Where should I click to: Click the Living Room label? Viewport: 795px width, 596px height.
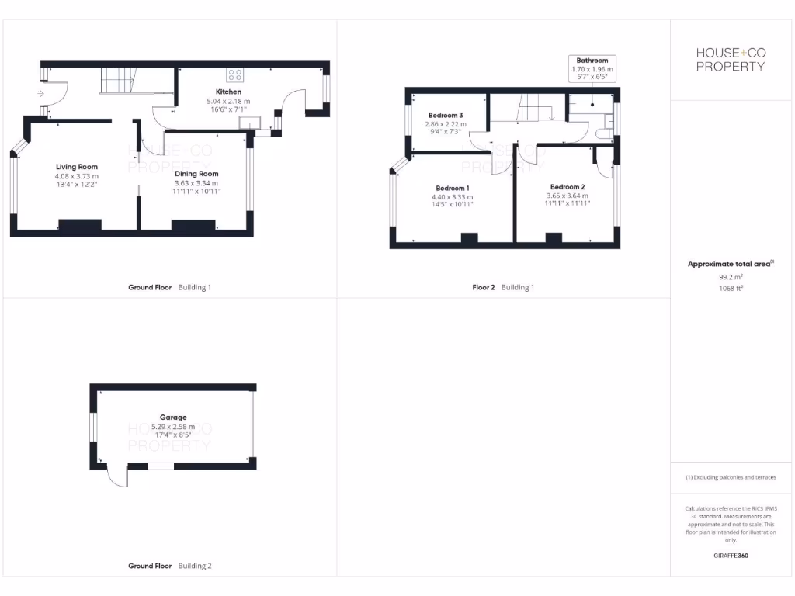pos(77,167)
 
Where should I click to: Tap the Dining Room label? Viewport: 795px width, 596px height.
pos(196,174)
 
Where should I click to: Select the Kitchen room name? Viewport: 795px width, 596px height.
pos(217,92)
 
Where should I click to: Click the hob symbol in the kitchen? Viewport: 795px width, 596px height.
pos(234,75)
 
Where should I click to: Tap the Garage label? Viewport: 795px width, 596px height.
pos(173,417)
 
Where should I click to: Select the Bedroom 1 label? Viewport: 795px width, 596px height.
pos(452,189)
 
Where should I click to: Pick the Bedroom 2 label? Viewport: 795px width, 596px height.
pos(567,187)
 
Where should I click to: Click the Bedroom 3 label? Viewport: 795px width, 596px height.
pos(446,115)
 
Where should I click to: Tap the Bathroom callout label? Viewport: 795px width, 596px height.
pos(592,61)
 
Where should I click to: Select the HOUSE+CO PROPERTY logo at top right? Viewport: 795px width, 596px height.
pos(730,59)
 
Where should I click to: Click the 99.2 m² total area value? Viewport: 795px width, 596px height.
pos(730,275)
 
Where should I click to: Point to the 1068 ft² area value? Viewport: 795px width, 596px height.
pos(730,287)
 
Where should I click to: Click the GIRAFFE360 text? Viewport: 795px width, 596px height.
pos(730,556)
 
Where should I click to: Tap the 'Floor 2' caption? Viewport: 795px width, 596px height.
pos(483,287)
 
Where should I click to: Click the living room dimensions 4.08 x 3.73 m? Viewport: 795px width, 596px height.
pos(77,176)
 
